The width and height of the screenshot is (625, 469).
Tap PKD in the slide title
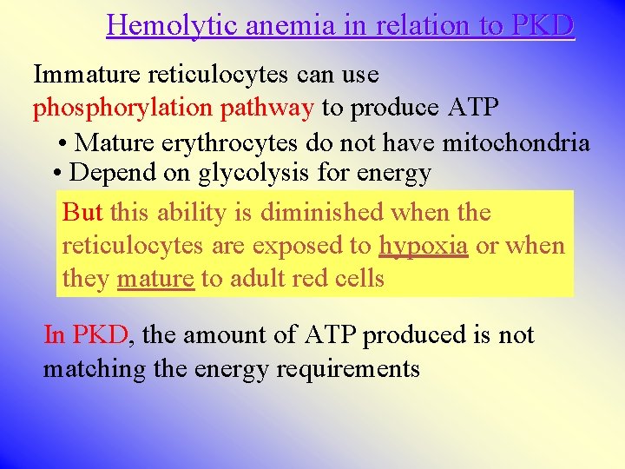point(543,26)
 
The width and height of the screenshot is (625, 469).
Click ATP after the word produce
point(473,109)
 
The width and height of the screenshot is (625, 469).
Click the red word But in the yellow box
point(83,212)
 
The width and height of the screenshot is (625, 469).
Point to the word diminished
point(322,212)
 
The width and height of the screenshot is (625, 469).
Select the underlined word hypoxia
point(424,247)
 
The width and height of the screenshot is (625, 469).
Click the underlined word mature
point(155,280)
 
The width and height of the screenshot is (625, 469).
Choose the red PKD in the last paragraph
point(101,335)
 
